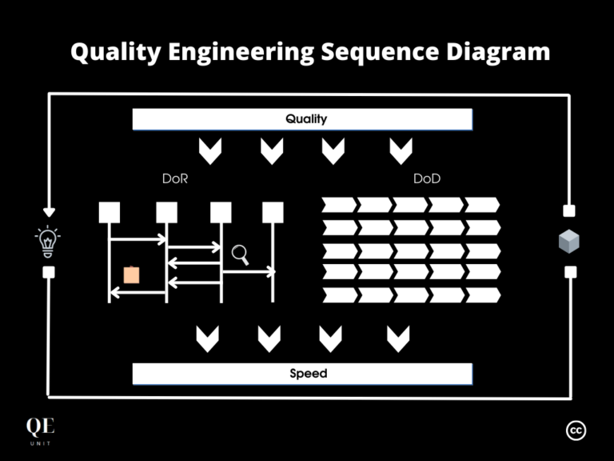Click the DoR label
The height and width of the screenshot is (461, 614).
coord(175,179)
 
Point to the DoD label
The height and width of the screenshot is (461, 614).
coord(426,179)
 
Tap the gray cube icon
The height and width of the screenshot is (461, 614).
coord(568,243)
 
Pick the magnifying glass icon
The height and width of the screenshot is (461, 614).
coord(240,255)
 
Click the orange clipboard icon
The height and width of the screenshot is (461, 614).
coord(132,275)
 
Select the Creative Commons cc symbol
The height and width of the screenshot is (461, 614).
coord(576,431)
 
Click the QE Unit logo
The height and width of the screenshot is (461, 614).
coord(40,431)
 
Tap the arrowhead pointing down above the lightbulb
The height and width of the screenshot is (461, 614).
coord(49,212)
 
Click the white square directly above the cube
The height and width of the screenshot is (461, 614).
coord(569,211)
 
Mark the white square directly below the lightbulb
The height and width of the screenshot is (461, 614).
coord(49,272)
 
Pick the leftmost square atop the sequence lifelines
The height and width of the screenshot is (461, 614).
coord(110,212)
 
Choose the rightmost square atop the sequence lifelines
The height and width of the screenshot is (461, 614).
coord(273,212)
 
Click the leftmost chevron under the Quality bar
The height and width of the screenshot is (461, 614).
coord(210,150)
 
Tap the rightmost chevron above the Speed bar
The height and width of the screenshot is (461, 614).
coord(398,339)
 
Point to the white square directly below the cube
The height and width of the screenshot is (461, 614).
coord(570,272)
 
